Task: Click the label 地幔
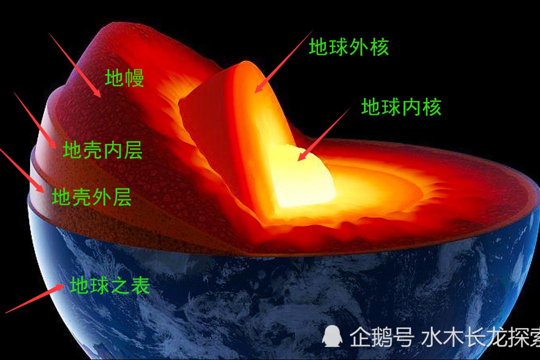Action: pyautogui.click(x=124, y=78)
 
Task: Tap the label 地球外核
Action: pyautogui.click(x=348, y=47)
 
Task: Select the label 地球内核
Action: pyautogui.click(x=401, y=107)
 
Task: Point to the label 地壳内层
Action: pyautogui.click(x=102, y=150)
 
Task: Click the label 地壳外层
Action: pyautogui.click(x=92, y=197)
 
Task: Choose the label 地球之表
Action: pyautogui.click(x=110, y=285)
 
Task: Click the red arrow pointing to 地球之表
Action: pyautogui.click(x=34, y=299)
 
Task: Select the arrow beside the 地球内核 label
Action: pyautogui.click(x=324, y=133)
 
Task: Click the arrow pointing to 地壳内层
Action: pyautogui.click(x=35, y=120)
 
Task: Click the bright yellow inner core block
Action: pyautogui.click(x=300, y=177)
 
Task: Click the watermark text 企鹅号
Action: pyautogui.click(x=381, y=337)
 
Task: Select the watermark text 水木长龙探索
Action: pyautogui.click(x=480, y=337)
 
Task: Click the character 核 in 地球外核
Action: pyautogui.click(x=379, y=47)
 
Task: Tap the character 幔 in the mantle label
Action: pyautogui.click(x=134, y=78)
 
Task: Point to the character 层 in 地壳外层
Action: pyautogui.click(x=122, y=197)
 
